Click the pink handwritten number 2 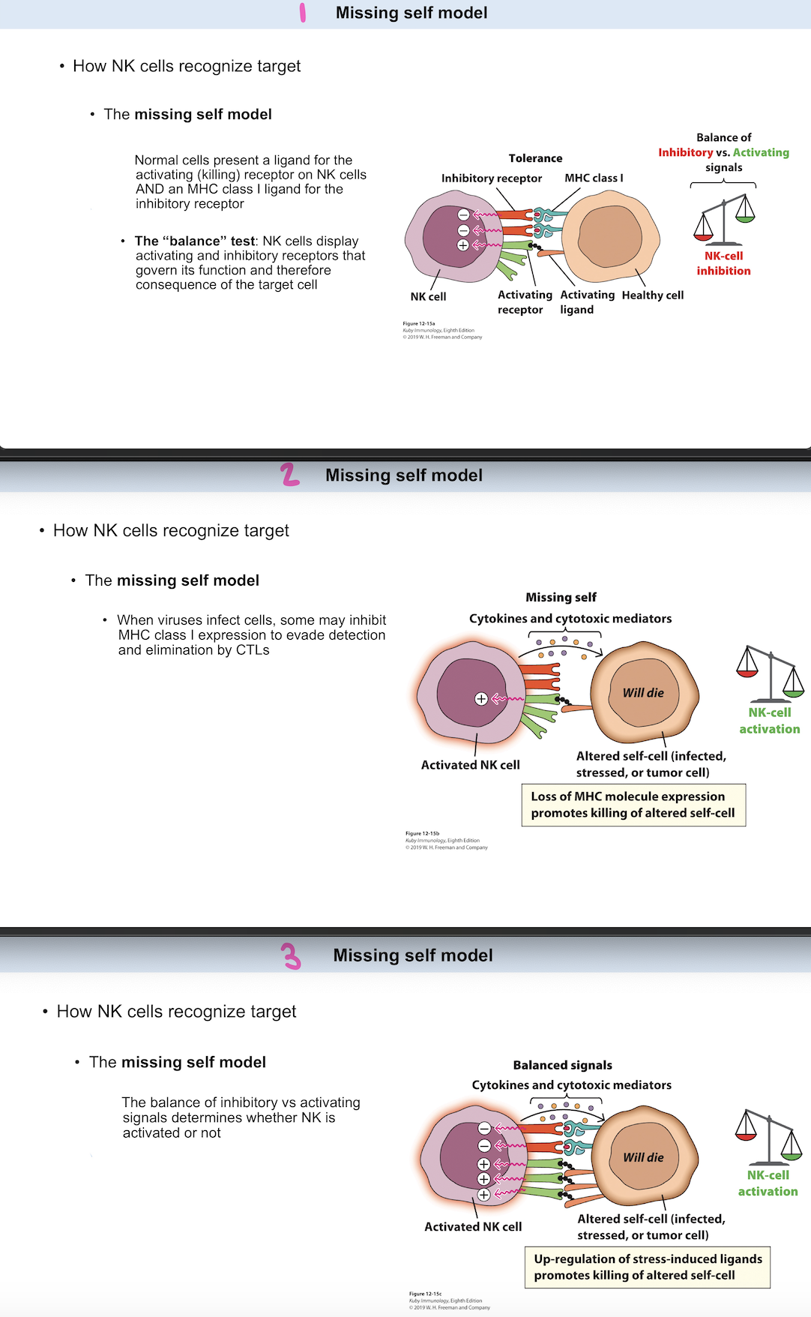click(x=290, y=475)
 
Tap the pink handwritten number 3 click(x=291, y=956)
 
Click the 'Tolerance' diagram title click(x=535, y=158)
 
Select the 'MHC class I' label click(x=594, y=178)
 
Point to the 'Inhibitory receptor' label click(x=491, y=178)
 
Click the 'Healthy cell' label click(x=652, y=295)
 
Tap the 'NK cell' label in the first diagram click(x=428, y=297)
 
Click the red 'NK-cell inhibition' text click(x=723, y=263)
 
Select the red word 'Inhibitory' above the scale click(x=685, y=152)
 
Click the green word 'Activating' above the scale click(x=761, y=152)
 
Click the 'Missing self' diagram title click(x=561, y=597)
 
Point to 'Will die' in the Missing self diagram click(x=643, y=693)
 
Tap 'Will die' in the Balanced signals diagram click(x=643, y=1157)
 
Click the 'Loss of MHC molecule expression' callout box click(x=633, y=805)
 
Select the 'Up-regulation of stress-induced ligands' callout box click(x=648, y=1267)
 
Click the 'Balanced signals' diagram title click(x=562, y=1065)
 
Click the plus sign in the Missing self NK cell click(x=481, y=699)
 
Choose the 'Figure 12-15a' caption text click(x=418, y=324)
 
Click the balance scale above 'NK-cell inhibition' click(x=724, y=220)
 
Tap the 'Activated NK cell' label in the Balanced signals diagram click(x=473, y=1227)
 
